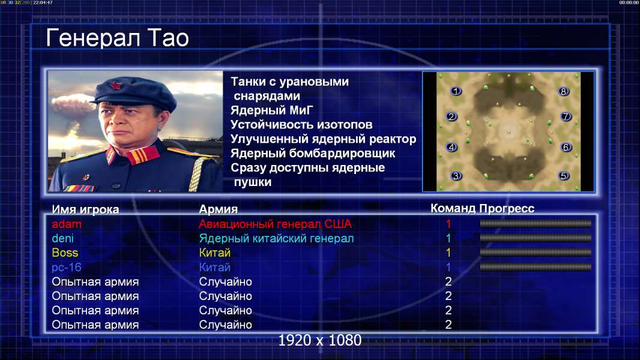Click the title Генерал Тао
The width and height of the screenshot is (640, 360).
[x=117, y=38]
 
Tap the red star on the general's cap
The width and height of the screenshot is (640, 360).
[x=116, y=86]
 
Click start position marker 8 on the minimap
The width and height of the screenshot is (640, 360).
[x=563, y=91]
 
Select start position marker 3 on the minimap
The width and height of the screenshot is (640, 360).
[x=456, y=176]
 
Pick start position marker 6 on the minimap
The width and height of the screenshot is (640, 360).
[x=566, y=147]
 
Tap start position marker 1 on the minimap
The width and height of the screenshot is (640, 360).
[x=456, y=91]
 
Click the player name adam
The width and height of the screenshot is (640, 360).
[x=67, y=224]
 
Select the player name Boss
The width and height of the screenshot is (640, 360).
[x=65, y=253]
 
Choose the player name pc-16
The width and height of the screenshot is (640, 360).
[x=67, y=268]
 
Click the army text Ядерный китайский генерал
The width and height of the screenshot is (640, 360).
[x=276, y=239]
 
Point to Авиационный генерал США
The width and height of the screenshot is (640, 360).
[x=275, y=224]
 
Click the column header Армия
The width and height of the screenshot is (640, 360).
[x=219, y=209]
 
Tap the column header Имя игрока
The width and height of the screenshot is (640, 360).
[x=85, y=209]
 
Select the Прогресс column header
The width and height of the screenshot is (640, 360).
[x=507, y=209]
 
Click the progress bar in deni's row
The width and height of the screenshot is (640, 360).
[x=536, y=238]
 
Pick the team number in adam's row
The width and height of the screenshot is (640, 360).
[x=448, y=224]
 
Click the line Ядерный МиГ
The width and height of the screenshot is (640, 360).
[x=271, y=110]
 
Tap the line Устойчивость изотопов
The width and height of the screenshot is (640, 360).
[x=301, y=124]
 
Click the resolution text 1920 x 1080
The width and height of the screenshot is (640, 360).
[x=319, y=340]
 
